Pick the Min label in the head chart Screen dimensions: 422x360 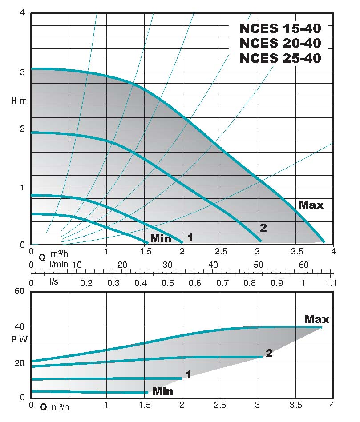tap(161, 239)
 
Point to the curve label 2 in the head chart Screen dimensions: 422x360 tap(263, 228)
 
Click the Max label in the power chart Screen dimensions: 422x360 tap(317, 319)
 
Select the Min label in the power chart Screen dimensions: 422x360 tap(162, 391)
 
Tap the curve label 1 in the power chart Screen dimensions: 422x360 tap(188, 375)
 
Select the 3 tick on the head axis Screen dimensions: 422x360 tap(22, 71)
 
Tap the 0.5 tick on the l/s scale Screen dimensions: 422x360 tap(167, 283)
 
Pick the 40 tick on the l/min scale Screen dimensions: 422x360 tap(213, 265)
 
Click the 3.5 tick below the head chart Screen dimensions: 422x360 tap(295, 252)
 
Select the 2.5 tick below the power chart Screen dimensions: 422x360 tap(220, 405)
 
